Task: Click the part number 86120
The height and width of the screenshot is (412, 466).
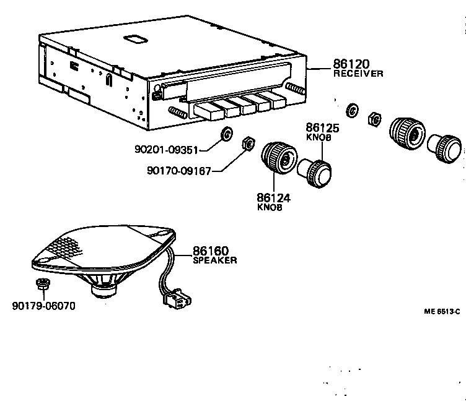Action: click(350, 63)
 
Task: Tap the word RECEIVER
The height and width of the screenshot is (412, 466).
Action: click(359, 74)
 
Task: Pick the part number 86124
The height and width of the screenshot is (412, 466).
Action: click(273, 198)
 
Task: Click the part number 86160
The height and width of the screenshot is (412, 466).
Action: click(209, 251)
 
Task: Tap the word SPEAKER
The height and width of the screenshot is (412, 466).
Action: click(214, 261)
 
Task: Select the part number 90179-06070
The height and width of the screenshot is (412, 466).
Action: click(43, 306)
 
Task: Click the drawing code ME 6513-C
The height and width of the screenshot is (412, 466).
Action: click(442, 311)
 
